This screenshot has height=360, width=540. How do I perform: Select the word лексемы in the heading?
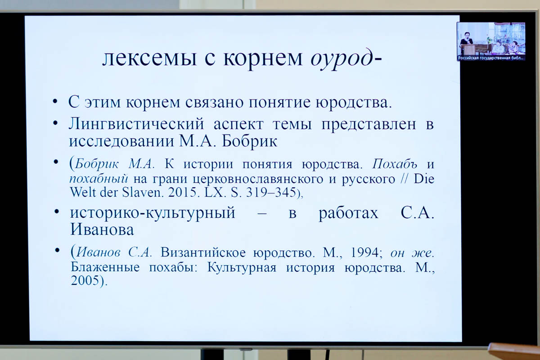[x=149, y=58]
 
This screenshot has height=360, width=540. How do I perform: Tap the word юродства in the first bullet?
[x=354, y=102]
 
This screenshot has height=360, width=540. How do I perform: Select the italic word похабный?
[x=99, y=179]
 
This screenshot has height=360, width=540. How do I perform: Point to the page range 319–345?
[x=271, y=193]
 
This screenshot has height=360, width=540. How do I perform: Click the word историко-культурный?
[x=153, y=213]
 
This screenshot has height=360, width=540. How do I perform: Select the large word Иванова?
[x=102, y=229]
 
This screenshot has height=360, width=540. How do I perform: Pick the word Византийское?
[x=203, y=253]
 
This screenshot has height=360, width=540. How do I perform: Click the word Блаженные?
[x=105, y=267]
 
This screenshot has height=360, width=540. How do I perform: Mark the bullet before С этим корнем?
[x=55, y=102]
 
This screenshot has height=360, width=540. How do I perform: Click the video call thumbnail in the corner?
[x=491, y=41]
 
